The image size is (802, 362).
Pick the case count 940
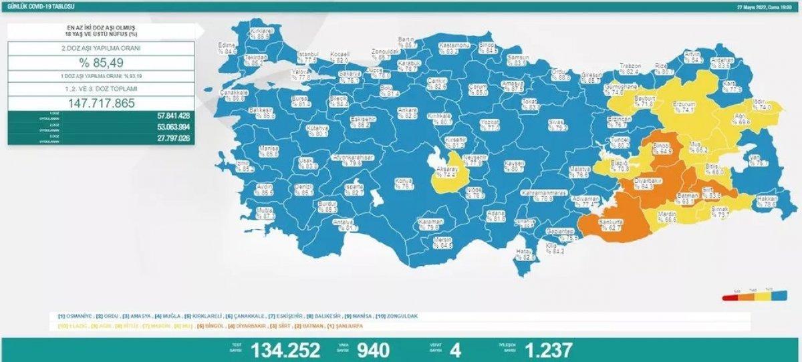coord(373,349)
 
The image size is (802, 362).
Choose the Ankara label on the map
coord(407,110)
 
